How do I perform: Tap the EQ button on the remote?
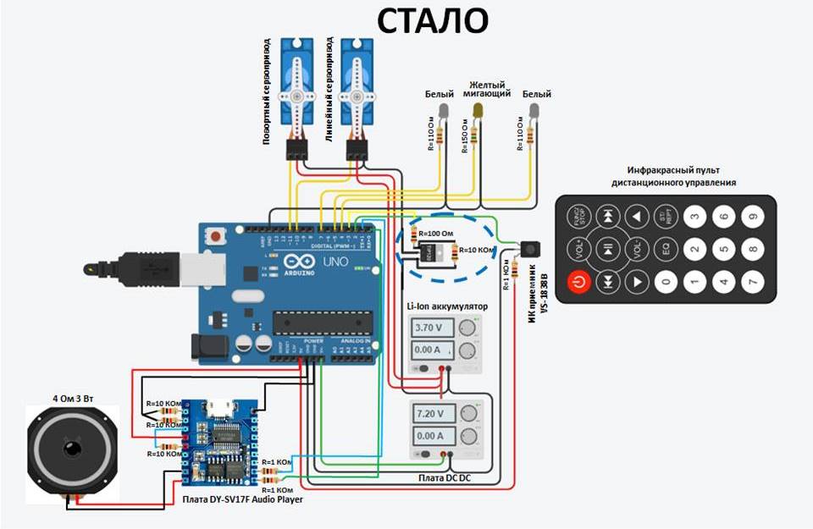(666, 249)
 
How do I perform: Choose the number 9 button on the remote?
(751, 218)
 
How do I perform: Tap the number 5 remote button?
(722, 249)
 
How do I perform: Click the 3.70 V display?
(434, 327)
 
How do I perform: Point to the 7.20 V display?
(434, 413)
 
